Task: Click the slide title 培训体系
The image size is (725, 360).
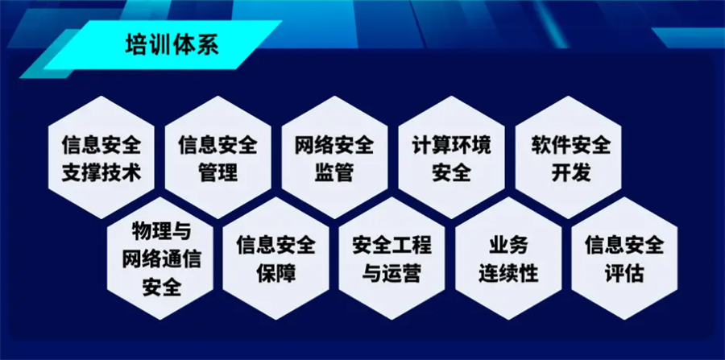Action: click(172, 45)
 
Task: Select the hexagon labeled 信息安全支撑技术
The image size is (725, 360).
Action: click(101, 157)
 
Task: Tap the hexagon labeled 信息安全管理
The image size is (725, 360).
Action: click(217, 157)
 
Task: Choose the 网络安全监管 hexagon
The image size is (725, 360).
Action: click(334, 157)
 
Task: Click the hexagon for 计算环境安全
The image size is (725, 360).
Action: click(451, 157)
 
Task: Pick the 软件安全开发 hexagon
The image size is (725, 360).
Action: click(568, 157)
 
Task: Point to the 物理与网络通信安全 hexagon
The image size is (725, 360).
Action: click(160, 259)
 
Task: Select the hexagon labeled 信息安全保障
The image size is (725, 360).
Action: click(276, 259)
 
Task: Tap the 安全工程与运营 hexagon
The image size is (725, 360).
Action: click(391, 259)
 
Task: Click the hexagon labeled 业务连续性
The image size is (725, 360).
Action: click(508, 259)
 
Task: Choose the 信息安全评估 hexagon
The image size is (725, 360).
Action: click(624, 259)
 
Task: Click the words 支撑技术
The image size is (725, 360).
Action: click(101, 173)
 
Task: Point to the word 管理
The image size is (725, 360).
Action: click(218, 173)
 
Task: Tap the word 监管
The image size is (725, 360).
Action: click(334, 173)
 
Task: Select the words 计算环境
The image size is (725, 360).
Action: click(451, 146)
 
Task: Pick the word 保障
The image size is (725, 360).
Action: click(276, 274)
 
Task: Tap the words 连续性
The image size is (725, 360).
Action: click(508, 274)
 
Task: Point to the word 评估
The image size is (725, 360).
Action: click(624, 274)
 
